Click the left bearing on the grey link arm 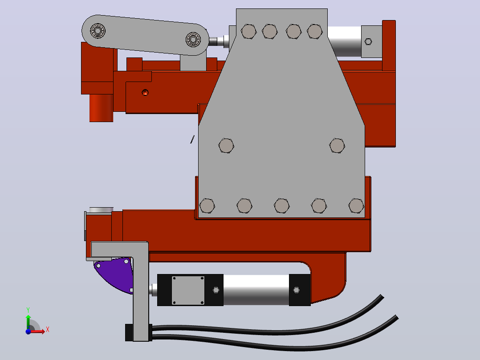click(x=98, y=31)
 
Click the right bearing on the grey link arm click(x=193, y=40)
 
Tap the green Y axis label click(x=28, y=310)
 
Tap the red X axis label click(x=48, y=330)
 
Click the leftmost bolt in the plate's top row click(x=248, y=32)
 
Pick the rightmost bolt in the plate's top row click(x=315, y=32)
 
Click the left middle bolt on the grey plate click(x=226, y=146)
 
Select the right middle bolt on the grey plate click(x=337, y=146)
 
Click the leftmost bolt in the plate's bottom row click(x=207, y=205)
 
